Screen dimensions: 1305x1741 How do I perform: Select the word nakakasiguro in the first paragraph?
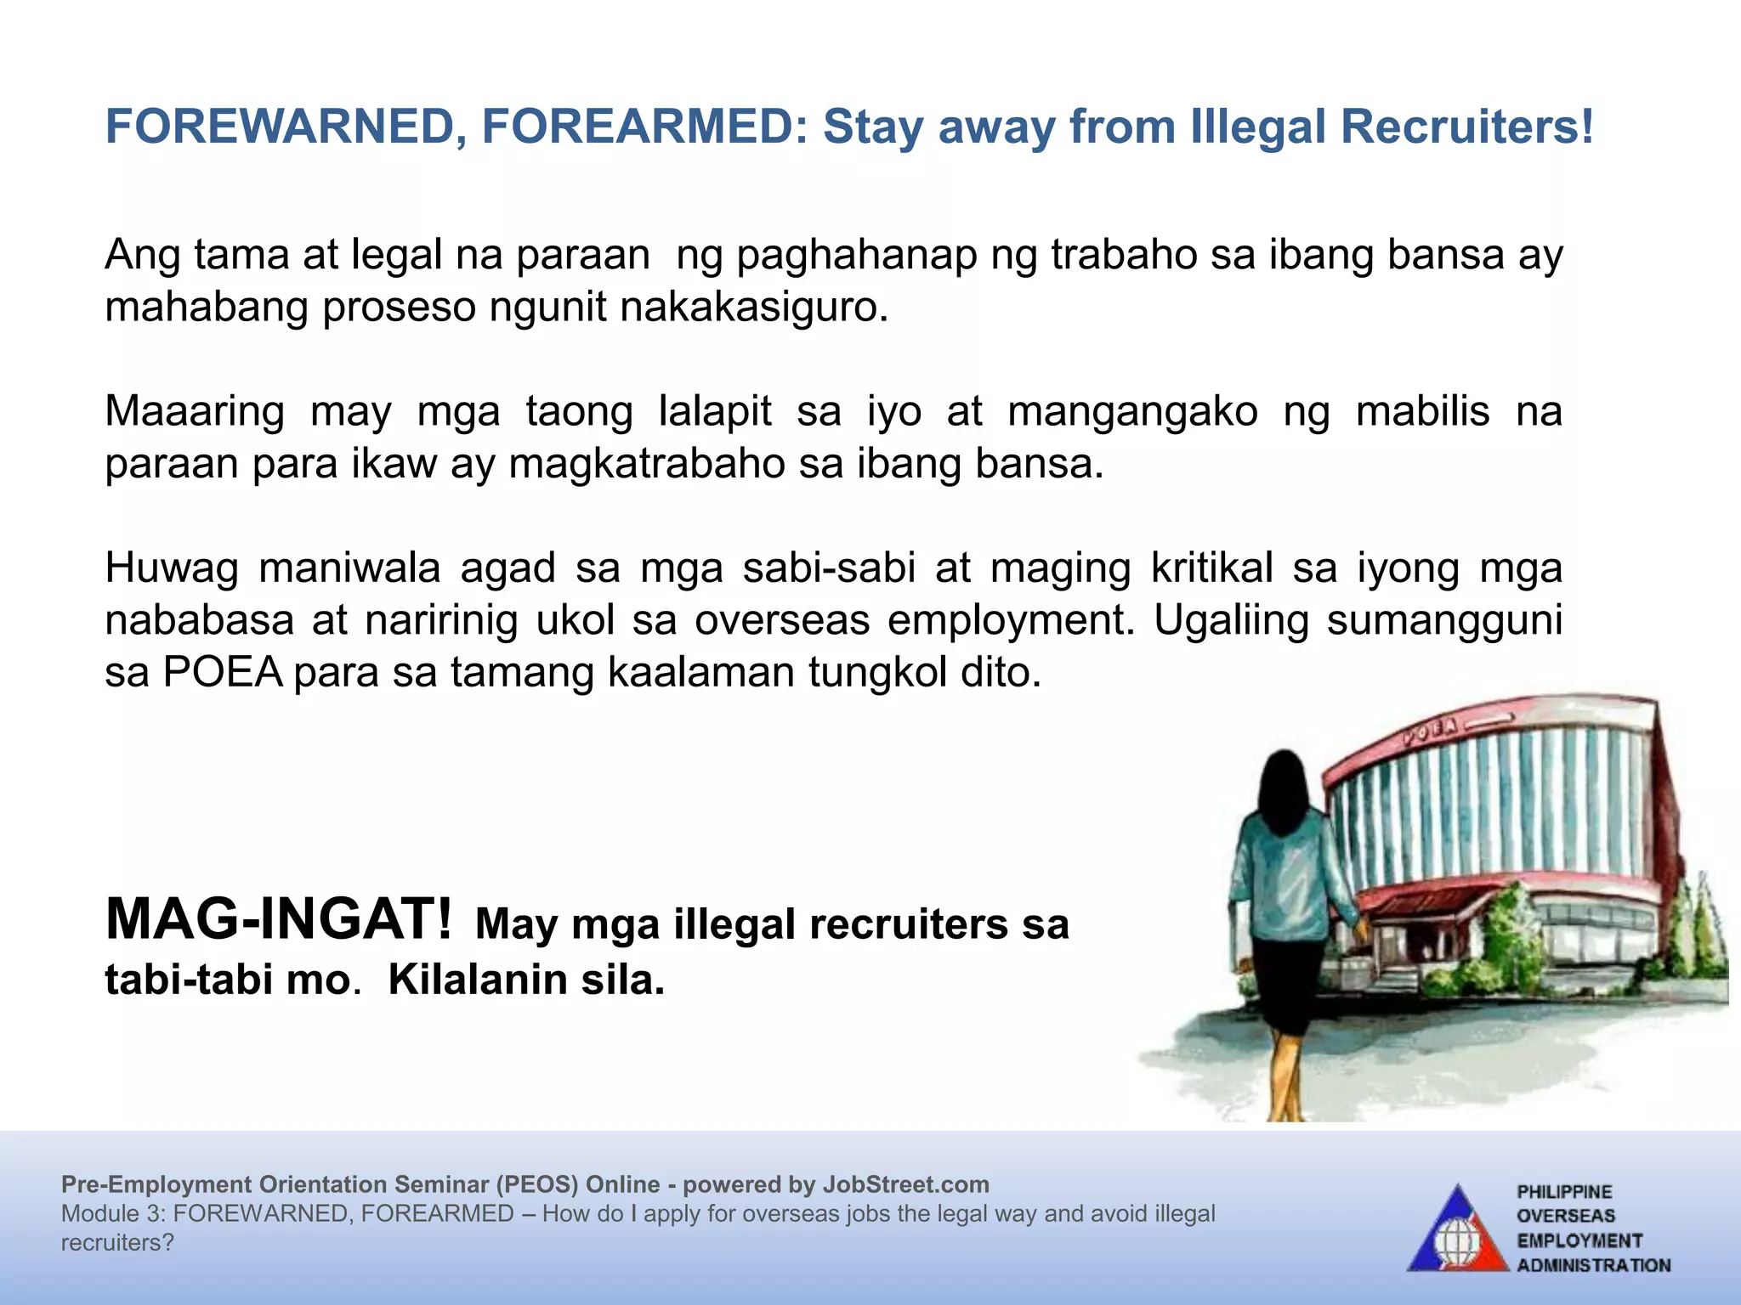point(754,308)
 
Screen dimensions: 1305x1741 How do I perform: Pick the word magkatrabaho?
point(647,465)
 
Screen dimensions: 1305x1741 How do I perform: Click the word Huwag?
point(172,568)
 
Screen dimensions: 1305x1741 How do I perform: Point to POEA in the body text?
point(223,673)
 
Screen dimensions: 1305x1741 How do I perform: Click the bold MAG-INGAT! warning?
point(279,921)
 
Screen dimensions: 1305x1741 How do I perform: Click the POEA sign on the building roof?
point(1431,731)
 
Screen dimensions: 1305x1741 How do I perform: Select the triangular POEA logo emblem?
point(1457,1232)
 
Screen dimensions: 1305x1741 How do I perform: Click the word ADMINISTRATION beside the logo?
point(1594,1265)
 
